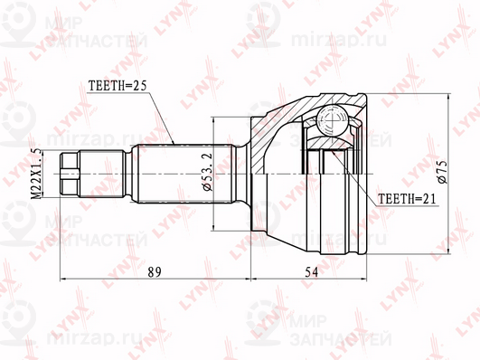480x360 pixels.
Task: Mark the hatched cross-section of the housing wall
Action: tap(271, 136)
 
